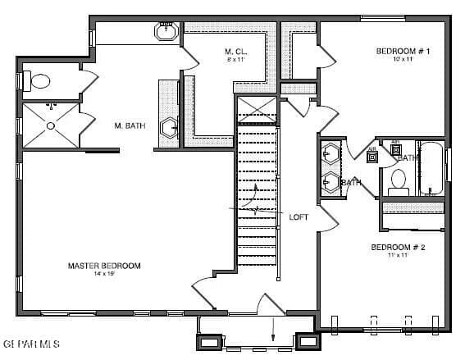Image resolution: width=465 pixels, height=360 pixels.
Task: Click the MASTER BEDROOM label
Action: (104, 266)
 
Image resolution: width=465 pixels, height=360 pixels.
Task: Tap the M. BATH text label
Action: (130, 125)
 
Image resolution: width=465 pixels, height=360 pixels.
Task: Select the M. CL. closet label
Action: (236, 52)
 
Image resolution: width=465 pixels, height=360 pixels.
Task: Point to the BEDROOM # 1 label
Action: (403, 52)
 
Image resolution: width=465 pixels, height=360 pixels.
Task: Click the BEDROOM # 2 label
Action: (397, 247)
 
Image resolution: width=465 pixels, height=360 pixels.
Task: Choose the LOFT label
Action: (299, 217)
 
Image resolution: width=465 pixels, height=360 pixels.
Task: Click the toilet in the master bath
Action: (37, 81)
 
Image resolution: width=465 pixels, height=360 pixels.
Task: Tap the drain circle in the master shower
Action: (51, 125)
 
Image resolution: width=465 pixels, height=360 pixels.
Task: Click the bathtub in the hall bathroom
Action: (431, 169)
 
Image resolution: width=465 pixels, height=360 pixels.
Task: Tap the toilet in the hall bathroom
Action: (399, 180)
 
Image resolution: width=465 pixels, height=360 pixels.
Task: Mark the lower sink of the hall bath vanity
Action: (330, 182)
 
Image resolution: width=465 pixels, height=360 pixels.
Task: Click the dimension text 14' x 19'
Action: (104, 275)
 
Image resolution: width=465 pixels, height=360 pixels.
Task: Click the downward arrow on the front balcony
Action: (273, 331)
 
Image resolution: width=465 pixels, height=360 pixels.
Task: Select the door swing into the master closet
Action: (189, 55)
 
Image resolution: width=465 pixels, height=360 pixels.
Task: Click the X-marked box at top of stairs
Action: (257, 109)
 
